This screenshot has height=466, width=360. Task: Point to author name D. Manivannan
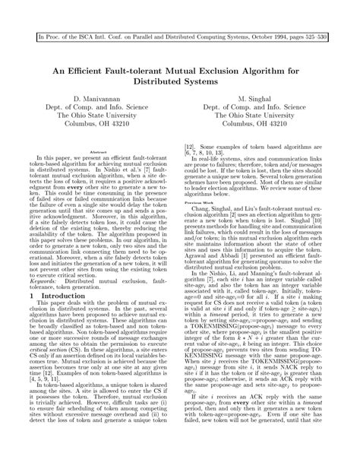point(94,100)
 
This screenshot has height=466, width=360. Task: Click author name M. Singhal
point(267,100)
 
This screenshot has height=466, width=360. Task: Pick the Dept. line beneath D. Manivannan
point(94,108)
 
